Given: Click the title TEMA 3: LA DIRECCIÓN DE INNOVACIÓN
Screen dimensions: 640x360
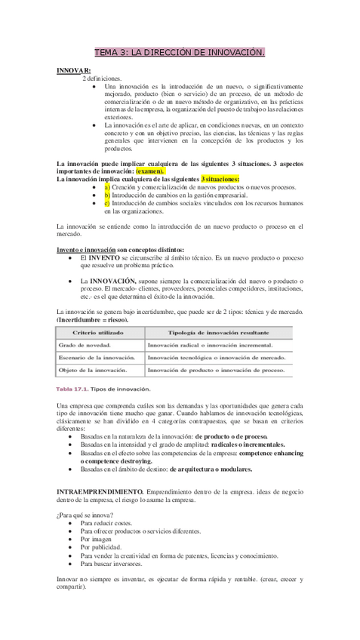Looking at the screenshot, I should (x=180, y=53).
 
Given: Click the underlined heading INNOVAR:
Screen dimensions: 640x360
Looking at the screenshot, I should (x=73, y=70).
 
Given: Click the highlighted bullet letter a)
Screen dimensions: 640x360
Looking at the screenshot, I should (x=107, y=186).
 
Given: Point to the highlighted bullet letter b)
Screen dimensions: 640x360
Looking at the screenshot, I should (x=107, y=195).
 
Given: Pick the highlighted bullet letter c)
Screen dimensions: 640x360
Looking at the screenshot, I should (x=107, y=203).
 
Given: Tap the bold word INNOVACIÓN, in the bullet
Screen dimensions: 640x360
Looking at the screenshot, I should (x=118, y=281).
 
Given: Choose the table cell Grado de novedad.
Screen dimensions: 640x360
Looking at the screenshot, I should (x=82, y=345).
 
